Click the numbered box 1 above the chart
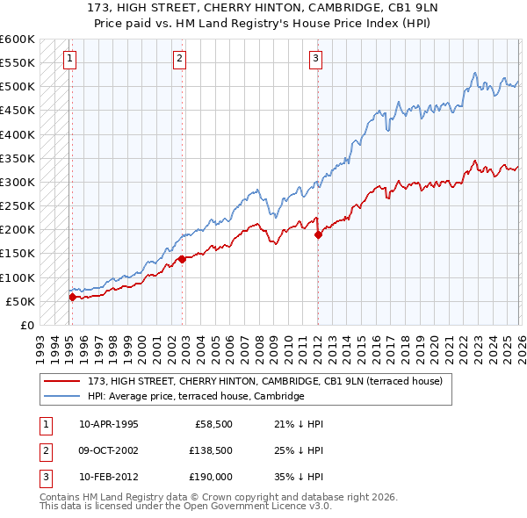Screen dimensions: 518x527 tap(69, 59)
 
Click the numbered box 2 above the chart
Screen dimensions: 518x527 tap(179, 59)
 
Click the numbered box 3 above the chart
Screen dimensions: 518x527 tap(315, 59)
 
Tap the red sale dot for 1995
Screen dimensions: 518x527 tap(72, 297)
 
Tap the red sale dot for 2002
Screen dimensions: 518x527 tap(182, 259)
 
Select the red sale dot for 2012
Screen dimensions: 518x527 tap(318, 234)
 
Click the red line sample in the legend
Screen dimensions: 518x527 tap(63, 381)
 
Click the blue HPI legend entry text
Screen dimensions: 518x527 tap(195, 396)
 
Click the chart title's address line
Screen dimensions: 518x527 tap(263, 8)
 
